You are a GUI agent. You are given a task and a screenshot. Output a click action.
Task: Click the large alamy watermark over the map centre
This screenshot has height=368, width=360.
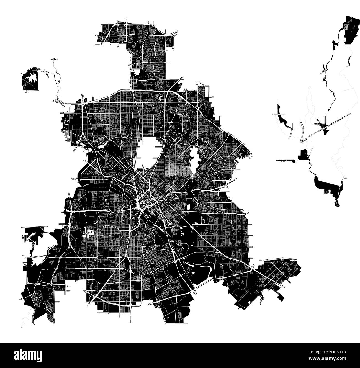[x=180, y=170]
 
